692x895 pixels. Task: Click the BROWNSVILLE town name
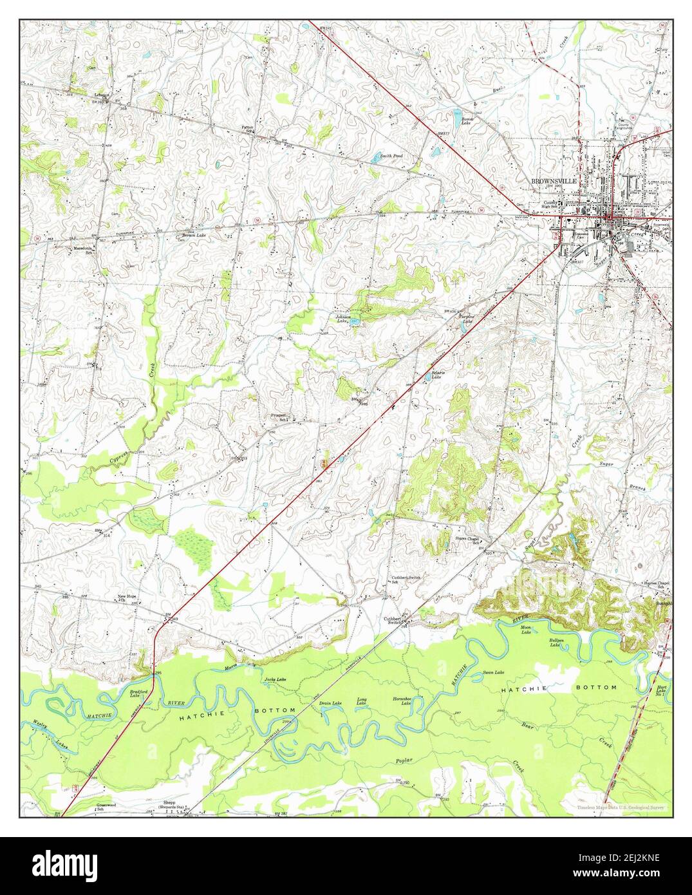pos(554,182)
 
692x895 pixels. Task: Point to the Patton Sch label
pos(247,129)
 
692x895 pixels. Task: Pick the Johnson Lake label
pos(342,319)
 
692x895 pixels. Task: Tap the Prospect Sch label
pos(279,417)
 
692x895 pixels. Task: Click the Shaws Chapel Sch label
pos(468,540)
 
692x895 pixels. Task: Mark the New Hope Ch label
pos(126,598)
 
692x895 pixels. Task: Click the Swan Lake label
pos(494,672)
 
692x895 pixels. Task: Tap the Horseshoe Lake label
pos(402,701)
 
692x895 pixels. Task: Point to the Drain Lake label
pos(330,703)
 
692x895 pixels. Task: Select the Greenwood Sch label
pos(106,806)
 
